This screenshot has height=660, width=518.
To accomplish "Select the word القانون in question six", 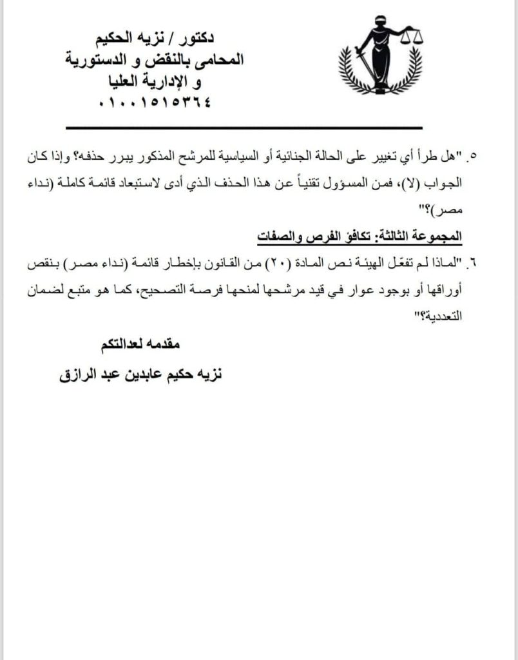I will click(223, 262).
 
